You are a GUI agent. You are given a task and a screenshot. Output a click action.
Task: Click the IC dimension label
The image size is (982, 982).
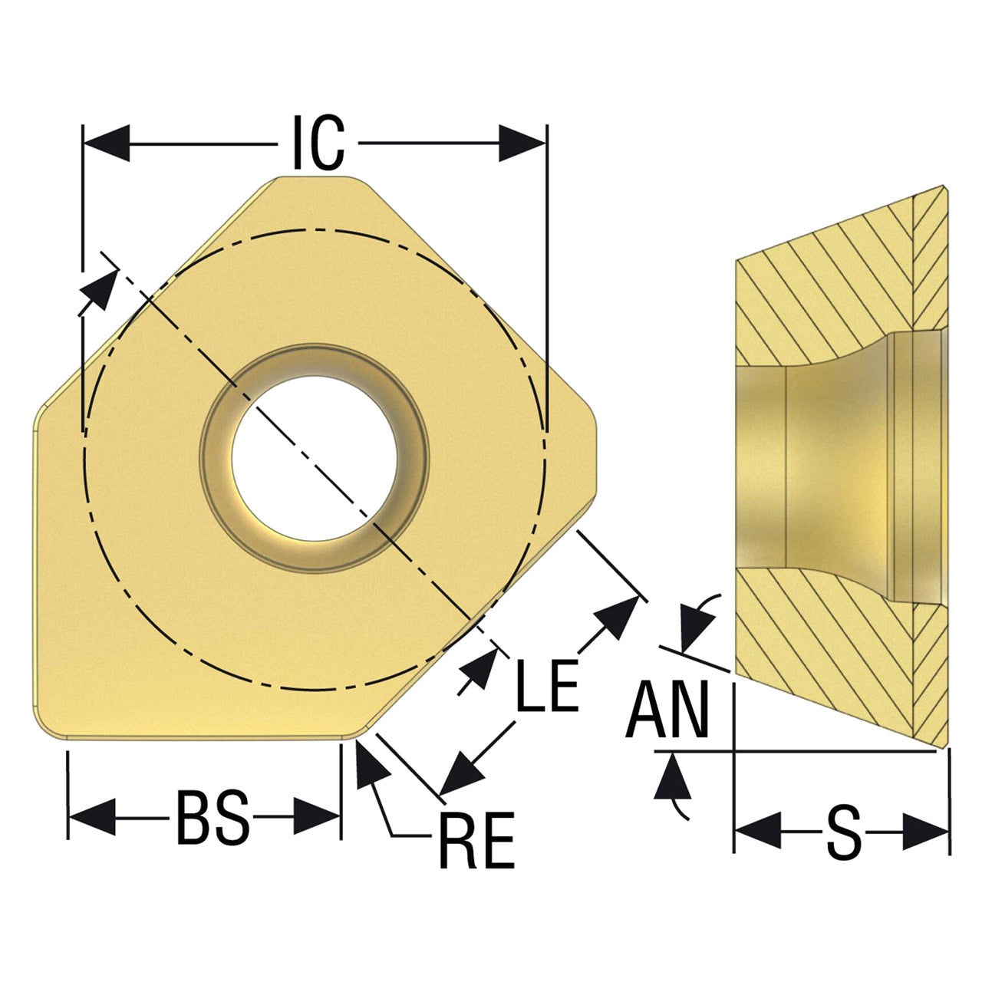tap(318, 143)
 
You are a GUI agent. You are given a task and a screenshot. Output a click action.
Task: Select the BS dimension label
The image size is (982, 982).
tap(213, 817)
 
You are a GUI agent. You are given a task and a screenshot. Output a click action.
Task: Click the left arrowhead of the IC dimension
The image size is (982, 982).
tap(107, 143)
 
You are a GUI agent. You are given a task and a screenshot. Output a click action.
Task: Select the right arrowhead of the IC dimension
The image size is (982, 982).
tap(522, 143)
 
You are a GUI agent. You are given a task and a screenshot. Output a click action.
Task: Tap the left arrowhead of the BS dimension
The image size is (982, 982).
tap(92, 817)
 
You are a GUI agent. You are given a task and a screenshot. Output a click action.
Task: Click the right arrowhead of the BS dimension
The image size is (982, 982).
tap(317, 817)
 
